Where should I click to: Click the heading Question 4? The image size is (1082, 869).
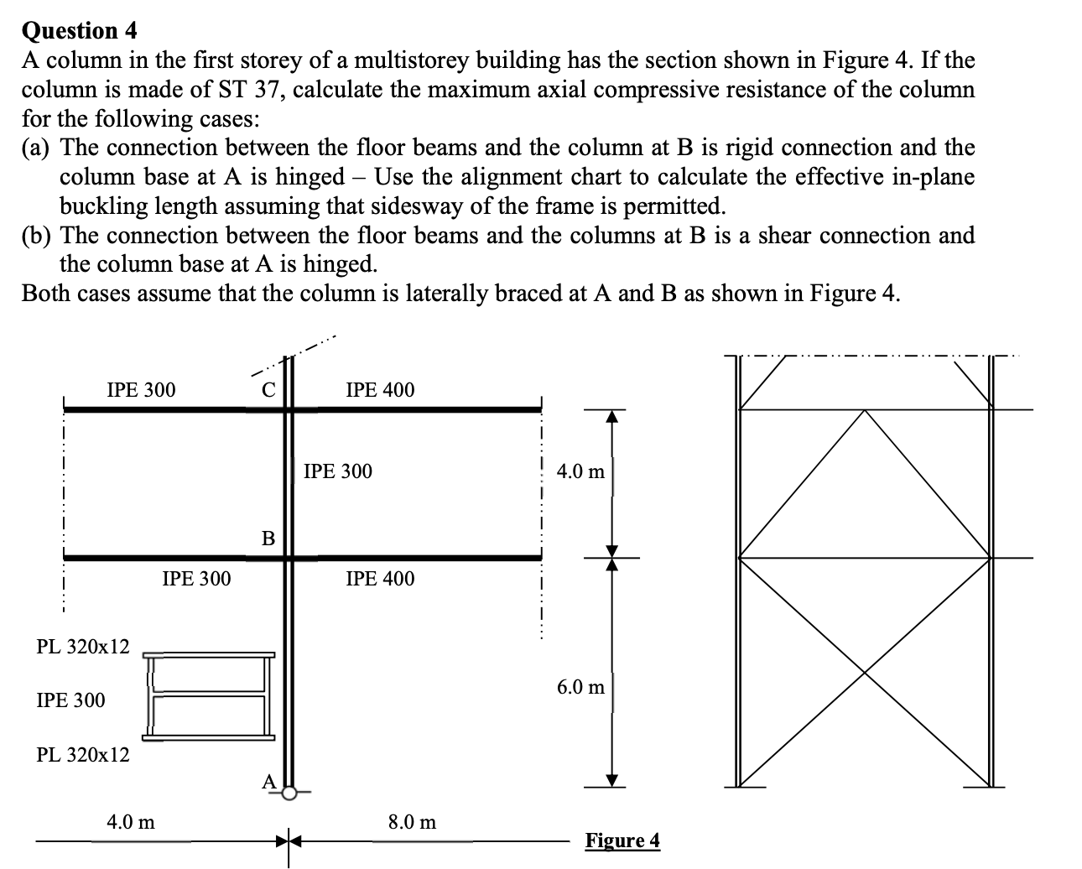pos(79,31)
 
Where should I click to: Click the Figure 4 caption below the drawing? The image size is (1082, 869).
pos(622,840)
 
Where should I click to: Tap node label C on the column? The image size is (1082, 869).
pos(267,390)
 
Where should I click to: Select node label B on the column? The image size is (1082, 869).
pos(268,538)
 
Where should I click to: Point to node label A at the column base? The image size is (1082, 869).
pos(268,782)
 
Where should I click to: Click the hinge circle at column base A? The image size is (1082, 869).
pos(289,792)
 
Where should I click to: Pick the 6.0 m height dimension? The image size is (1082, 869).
pos(580,688)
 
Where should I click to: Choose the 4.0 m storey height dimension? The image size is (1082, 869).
pos(580,471)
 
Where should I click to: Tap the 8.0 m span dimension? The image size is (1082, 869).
pos(412,822)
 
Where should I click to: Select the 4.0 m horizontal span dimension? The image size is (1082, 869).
pos(131,822)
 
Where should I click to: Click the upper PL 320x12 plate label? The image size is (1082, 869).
pos(83,647)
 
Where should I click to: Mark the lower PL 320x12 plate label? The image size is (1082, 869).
pos(83,755)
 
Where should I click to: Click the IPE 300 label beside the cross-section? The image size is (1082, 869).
pos(71,700)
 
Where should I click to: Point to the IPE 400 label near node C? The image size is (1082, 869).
pos(380,390)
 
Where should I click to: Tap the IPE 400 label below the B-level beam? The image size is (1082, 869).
pos(380,579)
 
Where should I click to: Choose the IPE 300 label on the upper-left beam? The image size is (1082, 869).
pos(142,390)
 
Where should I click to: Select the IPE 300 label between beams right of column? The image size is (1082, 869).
pos(337,471)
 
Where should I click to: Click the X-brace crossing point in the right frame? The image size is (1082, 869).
pos(865,672)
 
